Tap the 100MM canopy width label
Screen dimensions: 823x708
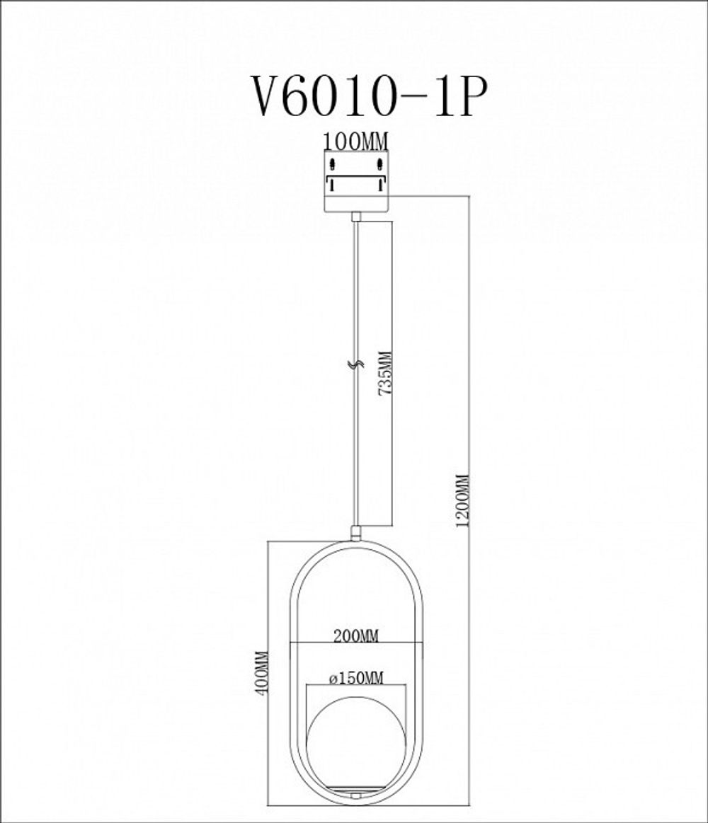click(355, 141)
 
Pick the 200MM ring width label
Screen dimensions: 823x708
click(357, 635)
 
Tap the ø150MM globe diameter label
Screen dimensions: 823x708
click(356, 678)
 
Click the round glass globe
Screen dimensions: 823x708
click(358, 729)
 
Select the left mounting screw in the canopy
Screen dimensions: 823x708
click(331, 167)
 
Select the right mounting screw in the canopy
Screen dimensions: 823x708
click(380, 167)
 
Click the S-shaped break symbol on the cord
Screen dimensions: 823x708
click(358, 366)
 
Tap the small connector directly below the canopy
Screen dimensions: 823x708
click(357, 215)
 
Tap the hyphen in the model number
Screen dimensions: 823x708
click(411, 100)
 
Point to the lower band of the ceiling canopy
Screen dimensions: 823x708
click(356, 201)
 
